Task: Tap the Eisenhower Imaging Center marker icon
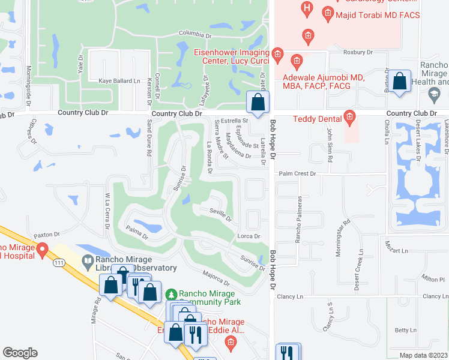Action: (x=277, y=56)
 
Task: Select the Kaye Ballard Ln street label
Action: (x=119, y=80)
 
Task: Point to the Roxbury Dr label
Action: (x=358, y=52)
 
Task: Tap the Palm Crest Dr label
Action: (x=297, y=173)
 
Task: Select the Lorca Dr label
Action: (x=249, y=236)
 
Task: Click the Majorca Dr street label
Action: (x=217, y=278)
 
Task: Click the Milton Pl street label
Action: (x=433, y=279)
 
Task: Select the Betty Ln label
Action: (x=405, y=330)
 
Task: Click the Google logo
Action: (x=20, y=352)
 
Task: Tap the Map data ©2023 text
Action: (x=424, y=355)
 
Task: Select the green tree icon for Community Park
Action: (x=172, y=295)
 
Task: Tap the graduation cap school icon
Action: (x=433, y=94)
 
